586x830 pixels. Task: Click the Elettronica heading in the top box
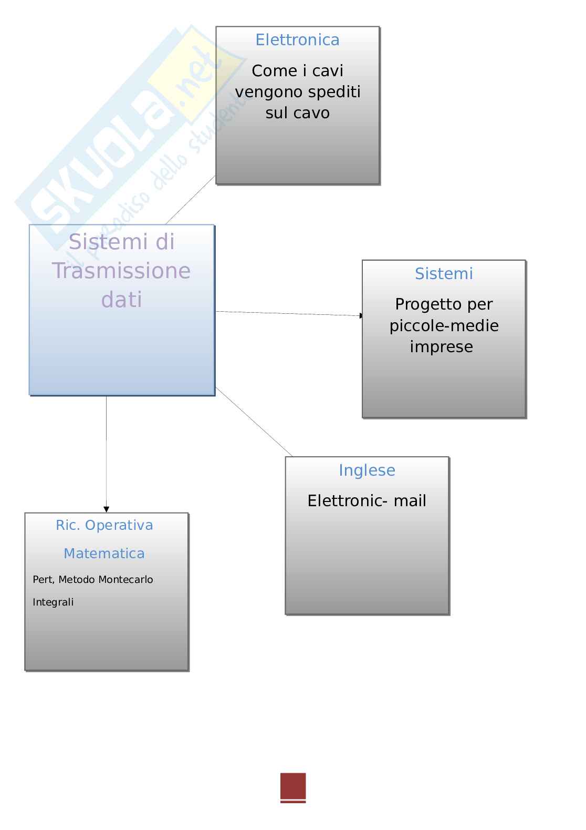(x=297, y=40)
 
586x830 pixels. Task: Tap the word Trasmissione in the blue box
(x=121, y=271)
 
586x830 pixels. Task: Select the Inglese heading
(x=367, y=470)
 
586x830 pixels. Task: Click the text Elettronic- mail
(x=367, y=501)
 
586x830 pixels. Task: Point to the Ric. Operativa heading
(x=104, y=525)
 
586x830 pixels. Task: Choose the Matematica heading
(x=104, y=554)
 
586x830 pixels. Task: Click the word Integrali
(x=53, y=602)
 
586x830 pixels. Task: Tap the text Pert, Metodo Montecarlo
(x=93, y=580)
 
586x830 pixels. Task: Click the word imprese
(x=441, y=347)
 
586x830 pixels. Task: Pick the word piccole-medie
(x=444, y=326)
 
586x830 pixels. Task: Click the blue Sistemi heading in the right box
(x=444, y=274)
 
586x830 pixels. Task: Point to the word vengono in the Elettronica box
(x=261, y=93)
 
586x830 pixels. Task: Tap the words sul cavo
(x=297, y=113)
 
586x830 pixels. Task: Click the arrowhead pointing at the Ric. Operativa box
(x=106, y=509)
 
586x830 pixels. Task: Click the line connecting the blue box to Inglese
(x=254, y=422)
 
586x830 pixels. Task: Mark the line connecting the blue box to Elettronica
(x=190, y=200)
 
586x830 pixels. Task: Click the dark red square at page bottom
(x=293, y=786)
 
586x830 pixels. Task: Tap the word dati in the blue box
(x=121, y=300)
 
